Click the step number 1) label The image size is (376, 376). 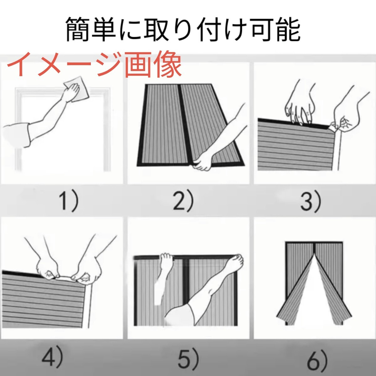(69, 201)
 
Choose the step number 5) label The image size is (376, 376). (188, 356)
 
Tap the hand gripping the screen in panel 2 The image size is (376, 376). (202, 161)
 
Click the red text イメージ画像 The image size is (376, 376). (94, 64)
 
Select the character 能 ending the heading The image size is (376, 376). (288, 29)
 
